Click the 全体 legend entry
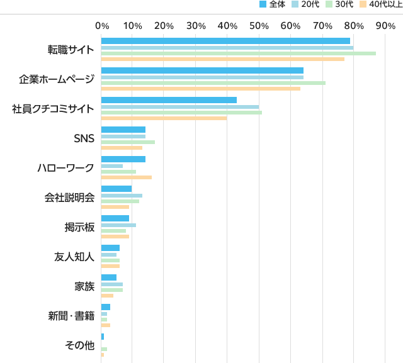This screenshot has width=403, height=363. (273, 4)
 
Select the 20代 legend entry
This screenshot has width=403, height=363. (307, 4)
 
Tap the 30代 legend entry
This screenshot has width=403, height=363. (341, 4)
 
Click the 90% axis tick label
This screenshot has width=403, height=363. (385, 26)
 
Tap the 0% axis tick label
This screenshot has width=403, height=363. (101, 26)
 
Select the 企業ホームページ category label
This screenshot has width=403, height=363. (56, 79)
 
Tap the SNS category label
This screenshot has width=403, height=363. (84, 138)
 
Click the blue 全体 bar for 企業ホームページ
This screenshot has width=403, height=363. (202, 70)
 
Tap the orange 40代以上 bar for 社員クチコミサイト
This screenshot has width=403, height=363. (164, 118)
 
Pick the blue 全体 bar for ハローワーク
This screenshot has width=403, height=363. (123, 159)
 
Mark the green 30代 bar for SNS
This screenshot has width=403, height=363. (128, 142)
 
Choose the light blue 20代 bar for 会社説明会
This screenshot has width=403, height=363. (122, 196)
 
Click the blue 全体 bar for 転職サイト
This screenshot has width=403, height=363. (225, 41)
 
